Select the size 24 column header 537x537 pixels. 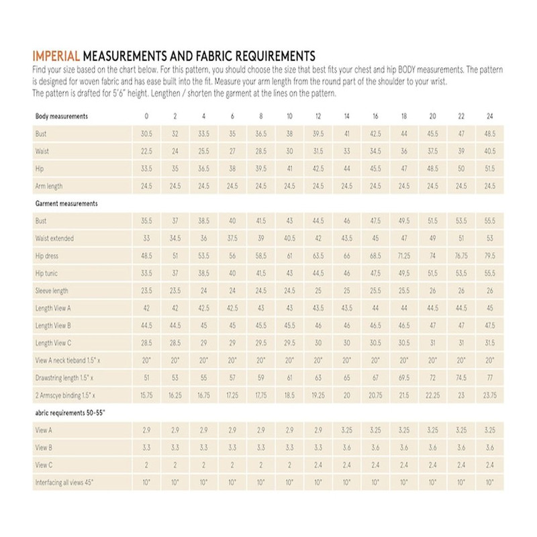click(489, 116)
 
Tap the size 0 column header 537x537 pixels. click(146, 116)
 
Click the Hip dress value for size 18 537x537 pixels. click(403, 256)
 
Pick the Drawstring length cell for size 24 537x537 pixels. click(489, 378)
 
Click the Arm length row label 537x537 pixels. click(49, 186)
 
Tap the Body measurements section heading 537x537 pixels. click(62, 116)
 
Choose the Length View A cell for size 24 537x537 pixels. click(489, 308)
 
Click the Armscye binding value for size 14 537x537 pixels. click(346, 395)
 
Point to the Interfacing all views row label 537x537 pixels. click(66, 483)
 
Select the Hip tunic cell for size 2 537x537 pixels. click(175, 273)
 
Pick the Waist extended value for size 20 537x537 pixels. click(432, 238)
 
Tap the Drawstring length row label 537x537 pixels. click(64, 378)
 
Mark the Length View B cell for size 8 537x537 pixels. click(260, 326)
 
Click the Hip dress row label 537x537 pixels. click(48, 256)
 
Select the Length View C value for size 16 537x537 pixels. click(375, 343)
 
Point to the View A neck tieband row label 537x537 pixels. click(68, 360)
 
